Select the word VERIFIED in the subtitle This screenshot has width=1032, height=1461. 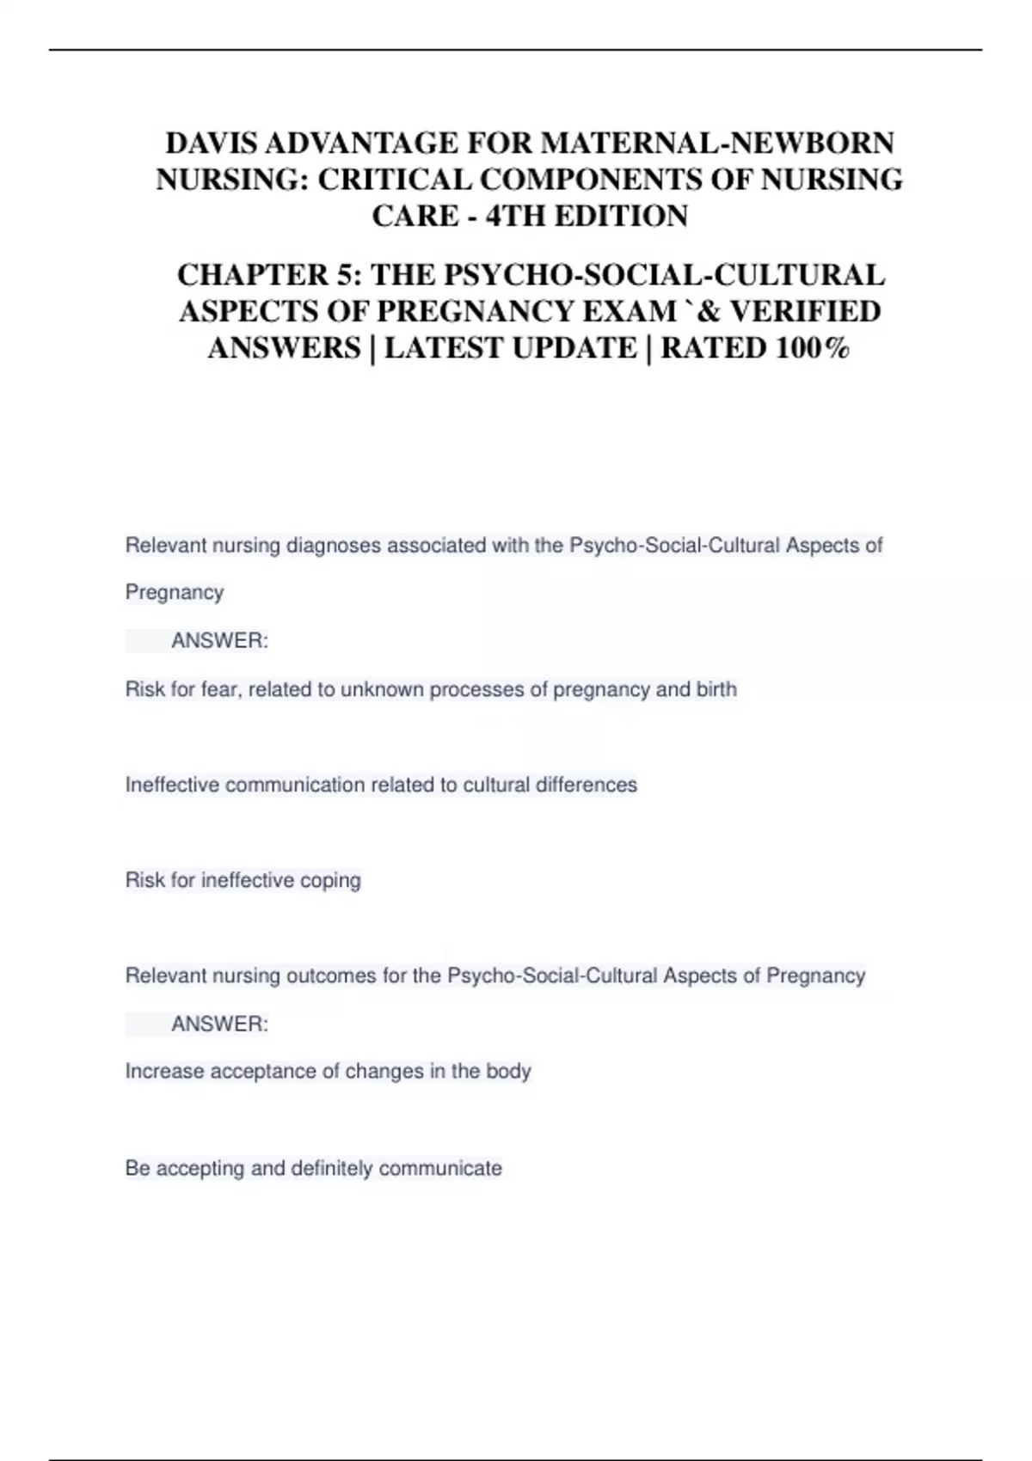coord(805,311)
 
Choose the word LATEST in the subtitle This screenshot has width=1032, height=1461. coord(445,348)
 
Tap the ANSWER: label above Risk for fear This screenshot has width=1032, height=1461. coord(219,641)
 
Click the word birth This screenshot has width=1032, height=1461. coord(716,689)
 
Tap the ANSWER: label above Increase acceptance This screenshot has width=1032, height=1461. coord(219,1024)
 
